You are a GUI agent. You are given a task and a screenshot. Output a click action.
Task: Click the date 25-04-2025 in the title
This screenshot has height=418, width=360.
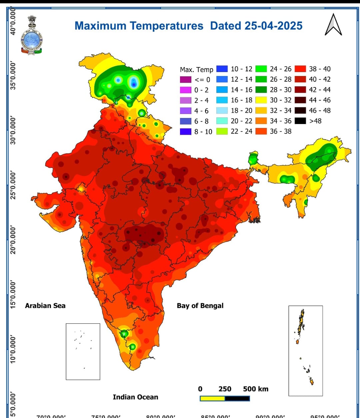273,26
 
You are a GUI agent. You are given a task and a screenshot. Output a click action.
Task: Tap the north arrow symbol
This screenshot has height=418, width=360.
333,25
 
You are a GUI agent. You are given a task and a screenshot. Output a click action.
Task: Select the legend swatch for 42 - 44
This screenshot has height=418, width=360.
300,90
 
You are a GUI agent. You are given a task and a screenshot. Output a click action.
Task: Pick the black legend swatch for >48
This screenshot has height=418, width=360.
300,121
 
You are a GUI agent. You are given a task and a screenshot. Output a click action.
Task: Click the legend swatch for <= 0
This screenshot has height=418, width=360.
185,80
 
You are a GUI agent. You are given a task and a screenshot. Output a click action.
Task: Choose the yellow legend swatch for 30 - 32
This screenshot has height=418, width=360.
261,100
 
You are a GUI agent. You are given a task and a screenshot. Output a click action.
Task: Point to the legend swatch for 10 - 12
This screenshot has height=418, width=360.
222,69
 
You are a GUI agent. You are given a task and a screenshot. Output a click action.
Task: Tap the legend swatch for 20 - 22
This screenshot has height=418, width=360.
222,121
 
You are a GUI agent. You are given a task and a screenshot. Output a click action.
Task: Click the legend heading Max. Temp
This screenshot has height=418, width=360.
196,70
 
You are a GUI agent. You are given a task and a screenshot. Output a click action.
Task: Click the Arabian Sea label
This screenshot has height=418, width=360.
45,306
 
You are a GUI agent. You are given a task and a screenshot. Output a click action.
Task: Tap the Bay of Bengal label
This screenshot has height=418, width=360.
200,306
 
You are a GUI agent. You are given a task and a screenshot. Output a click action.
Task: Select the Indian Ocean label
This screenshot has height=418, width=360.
135,397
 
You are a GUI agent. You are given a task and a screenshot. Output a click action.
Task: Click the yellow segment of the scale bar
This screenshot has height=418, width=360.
212,398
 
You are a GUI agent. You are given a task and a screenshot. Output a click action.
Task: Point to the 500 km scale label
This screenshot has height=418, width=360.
255,389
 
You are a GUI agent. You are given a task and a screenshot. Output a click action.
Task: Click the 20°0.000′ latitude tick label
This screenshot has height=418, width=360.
13,240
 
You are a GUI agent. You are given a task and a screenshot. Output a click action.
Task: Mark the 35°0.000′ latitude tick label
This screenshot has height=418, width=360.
13,75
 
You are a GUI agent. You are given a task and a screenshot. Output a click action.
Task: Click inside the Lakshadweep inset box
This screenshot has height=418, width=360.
83,351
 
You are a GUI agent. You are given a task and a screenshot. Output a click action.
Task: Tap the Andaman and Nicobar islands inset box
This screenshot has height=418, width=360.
305,351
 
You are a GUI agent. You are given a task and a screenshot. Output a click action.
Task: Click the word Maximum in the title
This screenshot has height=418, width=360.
100,26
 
